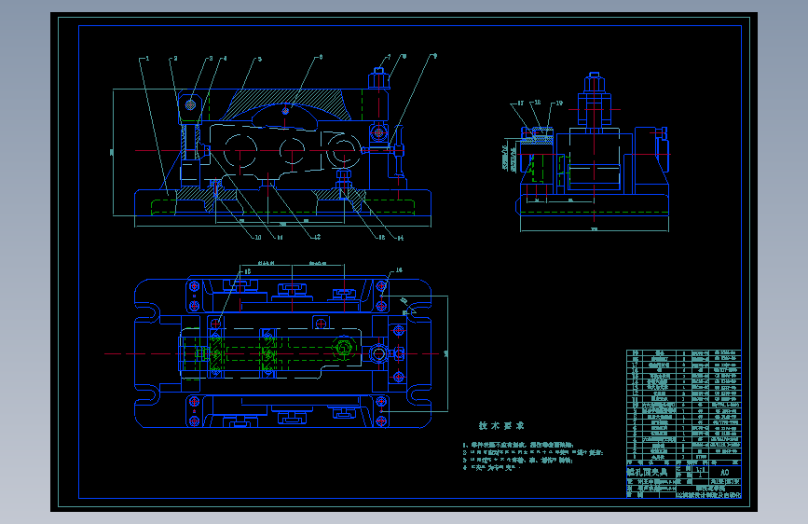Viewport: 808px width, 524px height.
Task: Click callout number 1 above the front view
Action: (x=147, y=59)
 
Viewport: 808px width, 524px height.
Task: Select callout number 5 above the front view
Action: (x=259, y=59)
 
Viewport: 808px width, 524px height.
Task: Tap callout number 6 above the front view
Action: (x=321, y=57)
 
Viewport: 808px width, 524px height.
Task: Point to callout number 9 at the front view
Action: (x=434, y=57)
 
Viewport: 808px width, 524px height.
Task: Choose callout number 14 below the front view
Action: (x=400, y=238)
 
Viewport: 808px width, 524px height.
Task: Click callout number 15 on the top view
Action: (x=247, y=271)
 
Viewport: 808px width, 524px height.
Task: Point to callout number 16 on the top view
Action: (x=399, y=270)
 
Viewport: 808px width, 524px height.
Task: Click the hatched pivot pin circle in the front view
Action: (x=190, y=104)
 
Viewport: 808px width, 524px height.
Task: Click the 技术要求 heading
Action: (x=501, y=425)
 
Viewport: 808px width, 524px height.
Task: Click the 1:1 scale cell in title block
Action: (x=701, y=472)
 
